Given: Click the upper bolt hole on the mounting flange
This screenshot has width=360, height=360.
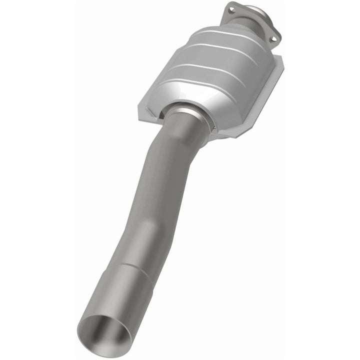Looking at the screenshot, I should [x=231, y=8].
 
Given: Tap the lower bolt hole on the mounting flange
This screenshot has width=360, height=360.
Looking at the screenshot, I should [x=272, y=36].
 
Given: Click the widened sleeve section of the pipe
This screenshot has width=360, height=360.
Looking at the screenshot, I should [x=120, y=295].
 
